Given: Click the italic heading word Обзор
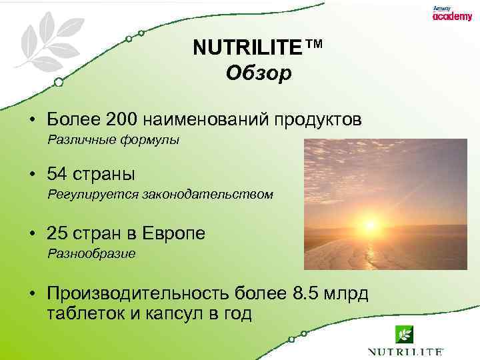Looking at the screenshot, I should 258,73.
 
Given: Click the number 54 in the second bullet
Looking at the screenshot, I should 57,174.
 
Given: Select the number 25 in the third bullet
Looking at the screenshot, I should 57,233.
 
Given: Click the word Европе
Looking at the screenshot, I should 181,233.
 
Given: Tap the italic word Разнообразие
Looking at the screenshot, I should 91,253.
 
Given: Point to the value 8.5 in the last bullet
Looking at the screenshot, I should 308,293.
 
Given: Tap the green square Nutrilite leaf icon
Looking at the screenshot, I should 405,333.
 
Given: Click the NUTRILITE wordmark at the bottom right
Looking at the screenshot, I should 405,351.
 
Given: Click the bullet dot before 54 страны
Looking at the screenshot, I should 32,175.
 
